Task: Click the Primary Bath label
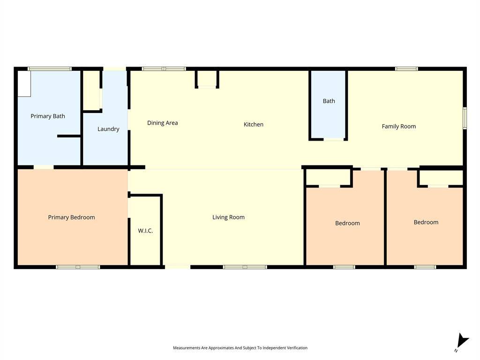click(48, 116)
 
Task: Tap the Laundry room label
click(108, 129)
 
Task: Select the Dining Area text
click(163, 123)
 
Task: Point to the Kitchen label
click(254, 124)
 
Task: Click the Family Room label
click(399, 126)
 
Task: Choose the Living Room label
click(228, 217)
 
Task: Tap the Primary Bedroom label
click(71, 217)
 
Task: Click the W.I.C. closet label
click(145, 231)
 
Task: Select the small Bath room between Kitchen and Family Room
click(329, 105)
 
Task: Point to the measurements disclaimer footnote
click(240, 348)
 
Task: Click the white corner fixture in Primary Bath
click(24, 84)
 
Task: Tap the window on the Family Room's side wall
click(465, 118)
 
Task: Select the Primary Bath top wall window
click(50, 68)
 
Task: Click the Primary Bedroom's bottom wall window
click(78, 267)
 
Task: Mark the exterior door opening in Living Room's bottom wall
click(178, 267)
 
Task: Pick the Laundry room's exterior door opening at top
click(114, 68)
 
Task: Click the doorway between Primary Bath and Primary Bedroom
click(44, 167)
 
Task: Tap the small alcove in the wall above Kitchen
click(207, 79)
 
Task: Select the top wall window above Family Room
click(406, 68)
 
